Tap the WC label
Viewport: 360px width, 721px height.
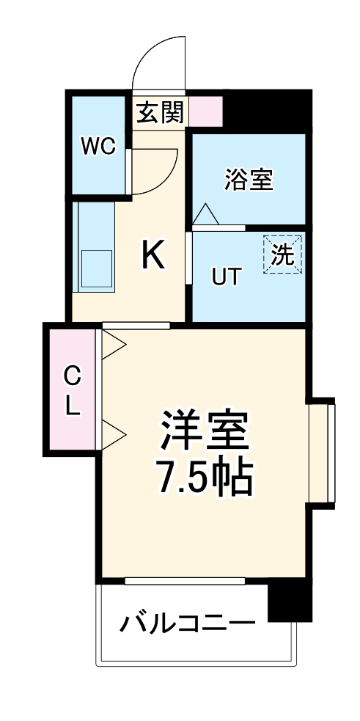pyautogui.click(x=98, y=147)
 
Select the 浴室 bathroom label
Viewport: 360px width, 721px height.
pyautogui.click(x=249, y=179)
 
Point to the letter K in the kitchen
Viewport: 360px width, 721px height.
pyautogui.click(x=153, y=256)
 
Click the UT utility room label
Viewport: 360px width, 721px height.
pyautogui.click(x=226, y=277)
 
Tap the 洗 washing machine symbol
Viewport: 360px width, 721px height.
pyautogui.click(x=282, y=255)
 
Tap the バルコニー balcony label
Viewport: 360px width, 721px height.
pyautogui.click(x=188, y=625)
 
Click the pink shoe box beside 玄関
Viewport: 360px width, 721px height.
pyautogui.click(x=206, y=111)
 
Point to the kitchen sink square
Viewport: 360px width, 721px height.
pyautogui.click(x=96, y=269)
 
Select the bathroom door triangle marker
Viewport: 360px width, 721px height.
pyautogui.click(x=205, y=214)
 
